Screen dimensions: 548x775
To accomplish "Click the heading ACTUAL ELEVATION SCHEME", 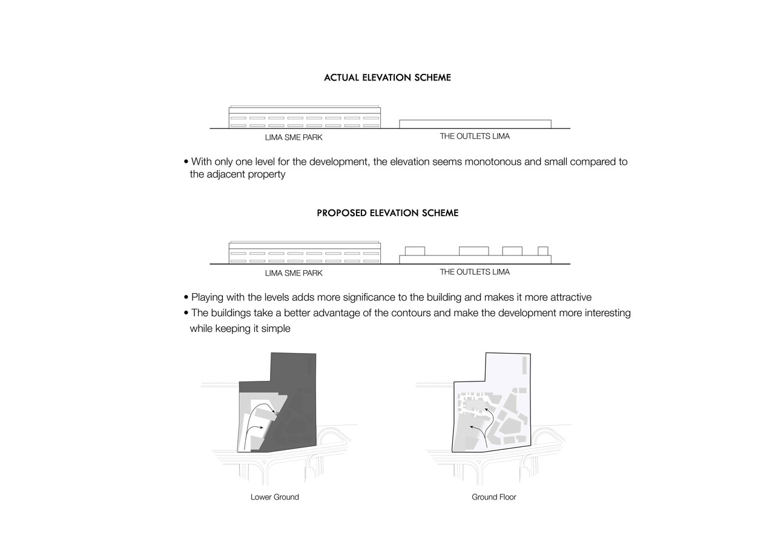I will coord(387,78).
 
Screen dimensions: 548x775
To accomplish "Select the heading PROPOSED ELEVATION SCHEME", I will coord(387,213).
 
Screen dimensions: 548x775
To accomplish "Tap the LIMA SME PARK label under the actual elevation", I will coord(294,137).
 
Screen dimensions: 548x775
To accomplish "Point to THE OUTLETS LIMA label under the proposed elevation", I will coord(475,272).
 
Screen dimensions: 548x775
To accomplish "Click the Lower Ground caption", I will coord(275,497).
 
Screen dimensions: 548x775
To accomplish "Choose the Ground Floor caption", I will coord(494,497).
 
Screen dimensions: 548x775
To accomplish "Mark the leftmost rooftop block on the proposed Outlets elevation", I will coord(415,251).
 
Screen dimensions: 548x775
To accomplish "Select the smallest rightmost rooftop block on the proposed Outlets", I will coord(543,251).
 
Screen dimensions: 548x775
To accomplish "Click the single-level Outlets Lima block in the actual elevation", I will coord(475,124).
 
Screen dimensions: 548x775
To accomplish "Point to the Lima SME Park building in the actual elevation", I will coord(305,118).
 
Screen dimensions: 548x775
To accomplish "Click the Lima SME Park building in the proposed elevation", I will coord(305,253).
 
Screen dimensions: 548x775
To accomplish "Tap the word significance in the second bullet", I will coord(349,297).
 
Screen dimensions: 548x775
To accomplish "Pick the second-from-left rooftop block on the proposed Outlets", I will coord(473,251).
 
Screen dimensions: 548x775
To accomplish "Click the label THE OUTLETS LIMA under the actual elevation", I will coord(475,136).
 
